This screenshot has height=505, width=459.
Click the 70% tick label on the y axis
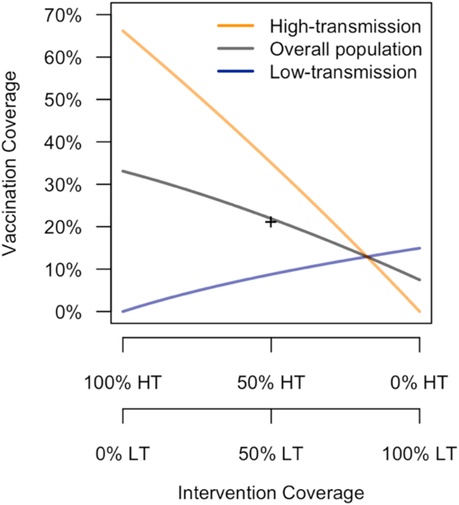pos(60,15)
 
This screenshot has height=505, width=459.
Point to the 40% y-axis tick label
pos(60,142)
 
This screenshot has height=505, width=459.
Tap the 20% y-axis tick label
pos(60,227)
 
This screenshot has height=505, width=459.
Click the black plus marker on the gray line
pos(271,221)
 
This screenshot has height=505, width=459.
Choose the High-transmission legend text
pos(345,27)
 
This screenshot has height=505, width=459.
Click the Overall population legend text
pos(346,49)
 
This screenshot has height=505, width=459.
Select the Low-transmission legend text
pos(344,71)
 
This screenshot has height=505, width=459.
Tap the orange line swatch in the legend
pos(235,27)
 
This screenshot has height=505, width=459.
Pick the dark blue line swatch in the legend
pos(235,71)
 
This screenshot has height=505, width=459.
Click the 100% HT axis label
pos(123,384)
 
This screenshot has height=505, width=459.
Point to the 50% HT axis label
pos(271,384)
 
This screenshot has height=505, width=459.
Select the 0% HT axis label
pos(419,384)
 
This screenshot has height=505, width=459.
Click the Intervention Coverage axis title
pos(271,493)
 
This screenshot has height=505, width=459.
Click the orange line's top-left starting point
pos(123,31)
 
